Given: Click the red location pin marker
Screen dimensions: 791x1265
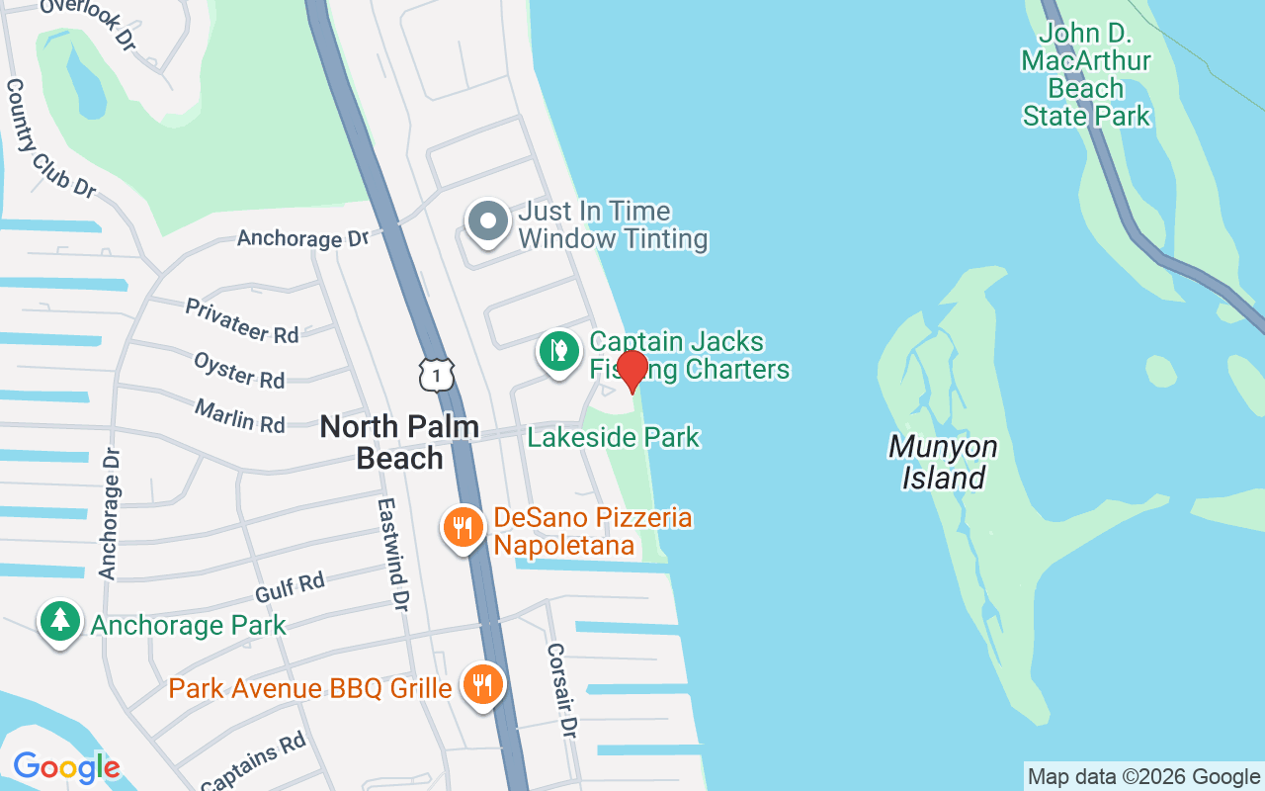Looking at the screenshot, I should tap(632, 370).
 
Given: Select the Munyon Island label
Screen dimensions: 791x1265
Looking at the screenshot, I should tap(942, 463).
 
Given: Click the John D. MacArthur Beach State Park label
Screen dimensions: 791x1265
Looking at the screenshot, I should tap(1086, 75).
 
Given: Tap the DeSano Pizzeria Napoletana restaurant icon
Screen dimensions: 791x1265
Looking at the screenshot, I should tap(462, 527).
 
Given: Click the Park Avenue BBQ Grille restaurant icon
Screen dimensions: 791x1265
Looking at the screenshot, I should tap(482, 684).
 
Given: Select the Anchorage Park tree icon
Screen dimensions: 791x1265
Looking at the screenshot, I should tap(60, 622).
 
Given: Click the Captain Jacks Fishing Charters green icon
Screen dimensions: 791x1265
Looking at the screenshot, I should tap(558, 351).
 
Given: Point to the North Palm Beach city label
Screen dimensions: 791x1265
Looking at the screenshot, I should tap(400, 442).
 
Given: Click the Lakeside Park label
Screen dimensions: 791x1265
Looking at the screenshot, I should tap(614, 437).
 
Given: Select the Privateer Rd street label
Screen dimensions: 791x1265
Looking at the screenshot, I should tap(242, 321).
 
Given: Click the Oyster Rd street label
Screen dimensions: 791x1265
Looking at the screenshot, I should tap(239, 370).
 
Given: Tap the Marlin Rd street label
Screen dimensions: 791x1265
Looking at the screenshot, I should tap(240, 415).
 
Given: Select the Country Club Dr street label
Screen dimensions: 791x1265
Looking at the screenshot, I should tap(50, 137).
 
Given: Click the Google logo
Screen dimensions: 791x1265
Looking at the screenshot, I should tap(66, 767).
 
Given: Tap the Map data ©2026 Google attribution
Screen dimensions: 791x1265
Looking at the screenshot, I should tap(1143, 777).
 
